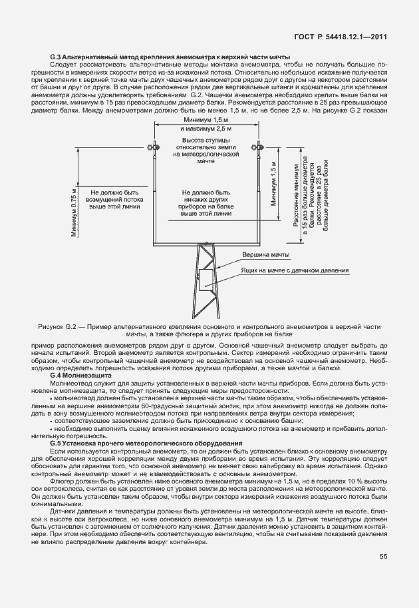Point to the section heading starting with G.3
tap(170, 58)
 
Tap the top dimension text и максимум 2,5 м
tap(206, 127)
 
